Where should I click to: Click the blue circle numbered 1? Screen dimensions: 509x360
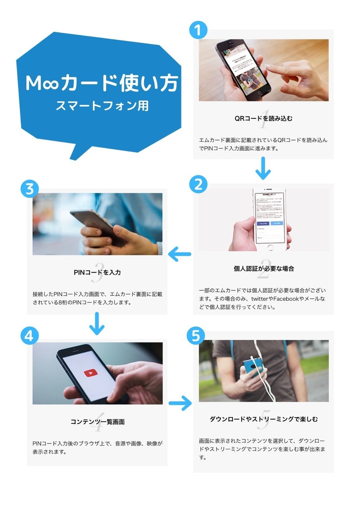click(198, 30)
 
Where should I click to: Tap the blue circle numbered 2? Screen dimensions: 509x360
click(198, 184)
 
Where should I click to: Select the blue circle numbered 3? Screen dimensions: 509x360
click(29, 189)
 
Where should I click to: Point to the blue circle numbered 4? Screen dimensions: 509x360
click(29, 336)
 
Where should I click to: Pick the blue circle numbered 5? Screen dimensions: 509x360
click(195, 336)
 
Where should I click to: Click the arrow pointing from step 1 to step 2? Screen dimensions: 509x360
click(263, 169)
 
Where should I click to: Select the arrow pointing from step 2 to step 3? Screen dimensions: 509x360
click(180, 254)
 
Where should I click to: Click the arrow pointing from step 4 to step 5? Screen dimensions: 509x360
click(180, 402)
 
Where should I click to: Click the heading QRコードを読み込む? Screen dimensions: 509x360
click(264, 118)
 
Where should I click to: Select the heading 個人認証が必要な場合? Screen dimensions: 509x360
click(264, 268)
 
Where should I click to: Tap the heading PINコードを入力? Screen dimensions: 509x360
click(97, 272)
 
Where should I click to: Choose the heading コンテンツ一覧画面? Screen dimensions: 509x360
click(97, 422)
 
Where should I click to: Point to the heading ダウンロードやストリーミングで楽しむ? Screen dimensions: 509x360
click(264, 419)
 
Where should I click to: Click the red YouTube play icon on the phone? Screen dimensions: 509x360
click(90, 373)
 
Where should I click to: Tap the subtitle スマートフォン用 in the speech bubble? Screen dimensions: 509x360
click(102, 106)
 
